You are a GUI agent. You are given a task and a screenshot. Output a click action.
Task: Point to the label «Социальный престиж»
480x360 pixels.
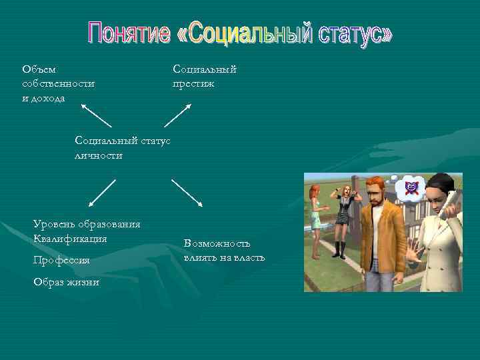(x=204, y=76)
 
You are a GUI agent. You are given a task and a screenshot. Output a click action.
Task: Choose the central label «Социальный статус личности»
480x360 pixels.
(x=123, y=147)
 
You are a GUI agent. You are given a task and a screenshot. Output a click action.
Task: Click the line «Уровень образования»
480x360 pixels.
(x=87, y=224)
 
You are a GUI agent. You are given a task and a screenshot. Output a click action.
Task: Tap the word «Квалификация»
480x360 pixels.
(x=70, y=238)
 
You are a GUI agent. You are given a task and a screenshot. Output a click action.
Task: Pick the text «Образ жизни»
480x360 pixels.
(x=66, y=282)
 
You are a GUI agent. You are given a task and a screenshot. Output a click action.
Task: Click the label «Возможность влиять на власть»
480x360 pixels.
(x=224, y=251)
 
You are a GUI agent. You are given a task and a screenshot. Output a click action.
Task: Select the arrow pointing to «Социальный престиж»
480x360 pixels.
(x=178, y=115)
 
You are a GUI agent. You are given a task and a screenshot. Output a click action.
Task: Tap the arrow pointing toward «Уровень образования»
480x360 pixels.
(x=102, y=192)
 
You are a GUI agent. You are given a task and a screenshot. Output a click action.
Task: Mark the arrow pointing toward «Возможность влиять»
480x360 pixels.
(x=187, y=192)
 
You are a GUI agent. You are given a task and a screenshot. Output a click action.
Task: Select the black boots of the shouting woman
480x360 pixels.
(x=341, y=249)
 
